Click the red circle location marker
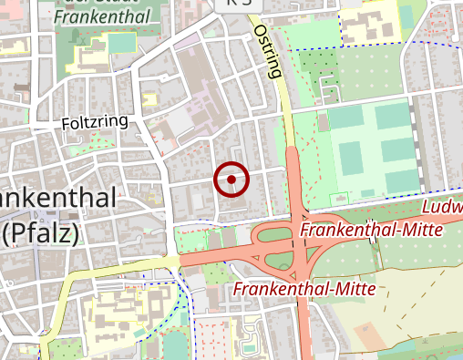[231, 180]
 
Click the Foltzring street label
[95, 121]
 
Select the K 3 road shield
[235, 4]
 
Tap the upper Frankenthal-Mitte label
[371, 230]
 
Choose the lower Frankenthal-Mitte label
[304, 289]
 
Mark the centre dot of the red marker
[231, 180]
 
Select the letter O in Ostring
[258, 31]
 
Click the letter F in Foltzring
[67, 122]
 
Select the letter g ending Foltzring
[123, 123]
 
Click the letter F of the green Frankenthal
[58, 16]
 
